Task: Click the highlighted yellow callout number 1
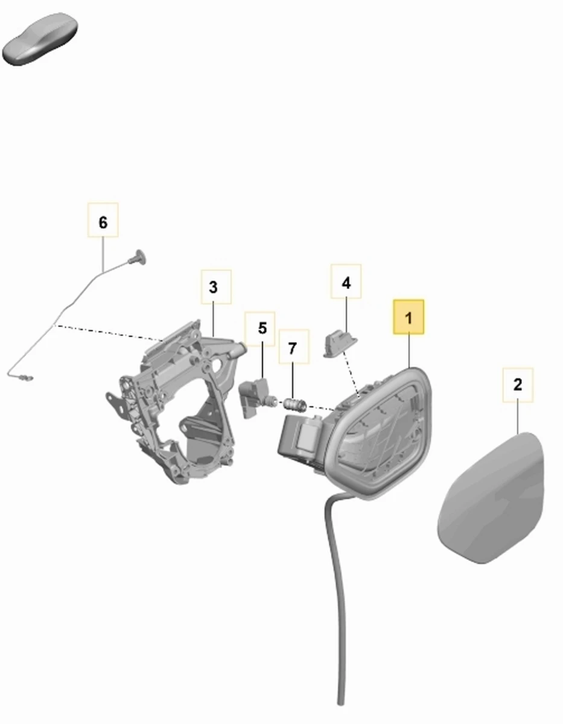pos(409,317)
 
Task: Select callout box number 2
pos(518,385)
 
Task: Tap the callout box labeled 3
pos(216,287)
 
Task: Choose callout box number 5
pos(260,329)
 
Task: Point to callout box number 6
pos(103,220)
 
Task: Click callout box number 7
pos(293,346)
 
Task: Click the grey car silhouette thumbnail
pos(40,39)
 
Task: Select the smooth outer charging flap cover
pos(491,498)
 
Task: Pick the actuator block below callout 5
pos(257,397)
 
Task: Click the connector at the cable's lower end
pos(26,378)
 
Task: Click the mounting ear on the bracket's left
pos(114,404)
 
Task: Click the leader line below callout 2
pos(518,417)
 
